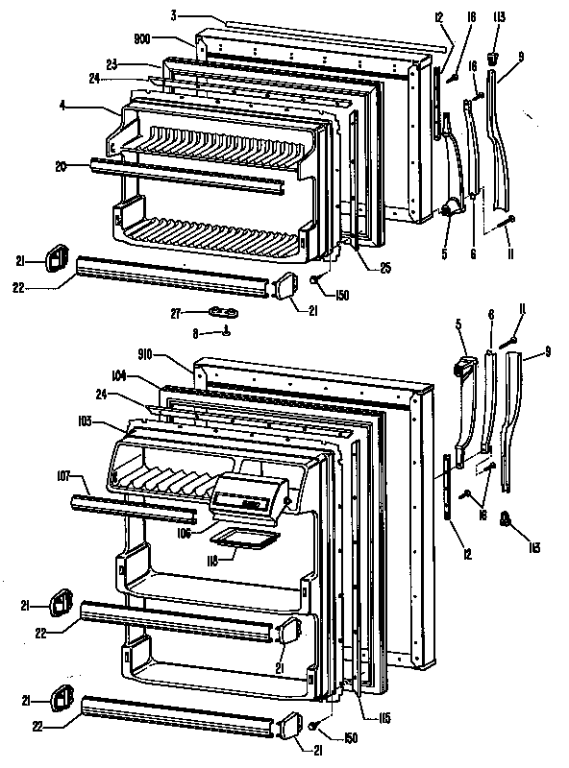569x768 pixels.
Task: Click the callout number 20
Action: (61, 164)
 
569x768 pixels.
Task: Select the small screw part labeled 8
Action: (225, 333)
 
